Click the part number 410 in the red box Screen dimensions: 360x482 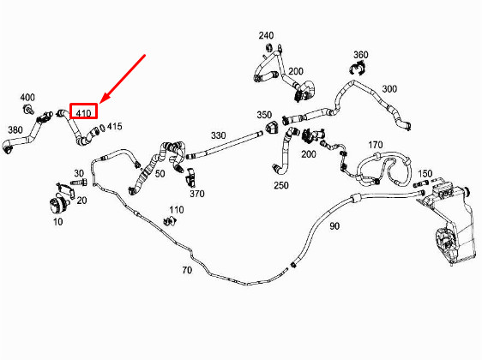click(83, 111)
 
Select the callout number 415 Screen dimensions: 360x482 click(114, 127)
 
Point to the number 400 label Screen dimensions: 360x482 click(27, 97)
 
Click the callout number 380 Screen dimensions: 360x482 click(15, 130)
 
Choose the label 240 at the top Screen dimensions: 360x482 click(266, 36)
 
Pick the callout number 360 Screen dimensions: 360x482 click(361, 55)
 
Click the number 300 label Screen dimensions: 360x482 click(389, 89)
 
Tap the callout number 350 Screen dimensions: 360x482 click(264, 114)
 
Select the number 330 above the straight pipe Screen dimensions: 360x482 click(218, 135)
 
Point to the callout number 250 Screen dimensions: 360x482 click(281, 185)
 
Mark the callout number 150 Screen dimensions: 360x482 click(425, 173)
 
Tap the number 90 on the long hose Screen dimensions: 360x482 click(334, 225)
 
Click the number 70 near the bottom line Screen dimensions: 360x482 click(186, 271)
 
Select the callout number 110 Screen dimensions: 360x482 click(176, 210)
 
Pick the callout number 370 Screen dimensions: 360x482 click(197, 194)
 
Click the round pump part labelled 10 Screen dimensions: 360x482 click(59, 207)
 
